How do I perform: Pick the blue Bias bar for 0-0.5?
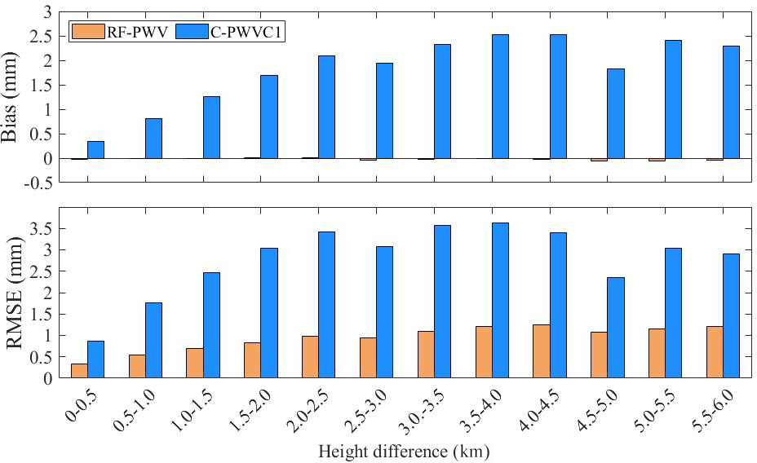95,150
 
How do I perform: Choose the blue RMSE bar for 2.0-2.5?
326,305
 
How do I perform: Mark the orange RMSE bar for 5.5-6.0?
715,352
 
